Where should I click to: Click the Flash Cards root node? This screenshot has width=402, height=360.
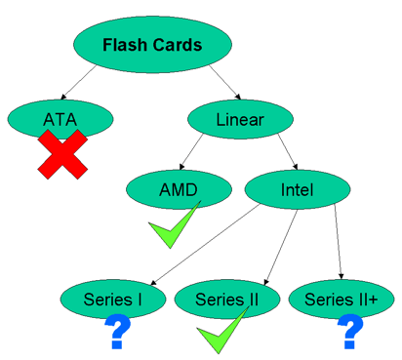point(150,46)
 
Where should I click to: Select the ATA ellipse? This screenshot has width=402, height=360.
point(58,119)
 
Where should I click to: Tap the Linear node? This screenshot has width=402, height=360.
point(239,120)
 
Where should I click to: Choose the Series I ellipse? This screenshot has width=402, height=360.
point(113,297)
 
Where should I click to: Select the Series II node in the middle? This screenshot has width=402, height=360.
point(225,297)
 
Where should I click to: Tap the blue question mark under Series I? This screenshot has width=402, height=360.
point(118,332)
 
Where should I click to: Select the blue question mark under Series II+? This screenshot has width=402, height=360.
point(348,332)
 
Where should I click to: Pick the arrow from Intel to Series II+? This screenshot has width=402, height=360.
point(338,244)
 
